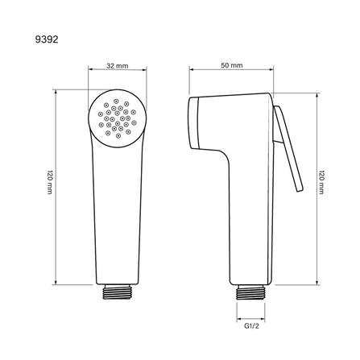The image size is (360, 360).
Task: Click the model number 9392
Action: pos(47,39)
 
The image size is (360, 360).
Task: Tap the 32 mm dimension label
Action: pos(118,65)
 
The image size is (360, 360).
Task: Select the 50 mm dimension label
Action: pos(232,65)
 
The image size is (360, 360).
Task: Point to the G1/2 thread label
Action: pos(251,326)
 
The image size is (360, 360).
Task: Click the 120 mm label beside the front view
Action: pos(50,182)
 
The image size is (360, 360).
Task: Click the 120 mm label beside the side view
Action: pos(321,182)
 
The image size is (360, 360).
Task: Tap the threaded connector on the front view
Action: pos(118,292)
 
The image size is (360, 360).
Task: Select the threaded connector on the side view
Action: pos(250,292)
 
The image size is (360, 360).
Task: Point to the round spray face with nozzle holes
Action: pos(118,118)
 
